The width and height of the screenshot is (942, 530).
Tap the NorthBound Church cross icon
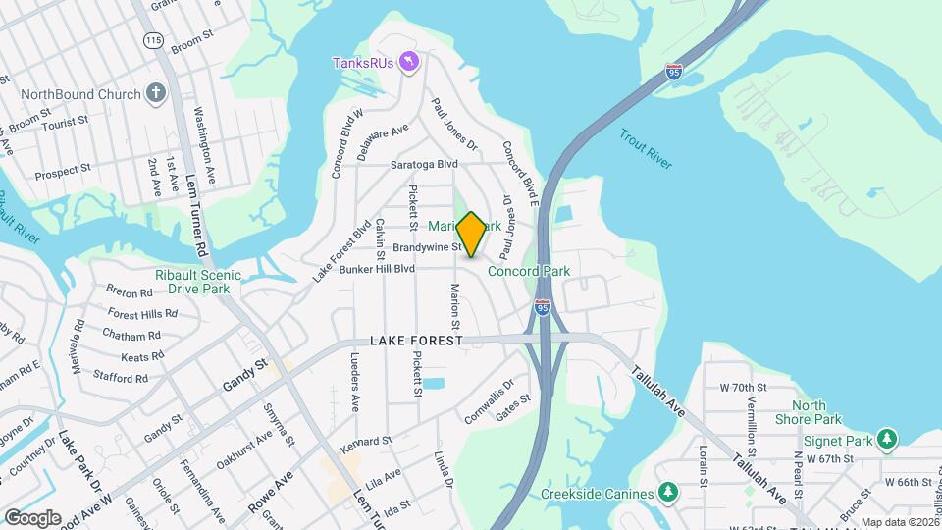point(154,94)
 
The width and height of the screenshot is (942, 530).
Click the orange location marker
point(471,235)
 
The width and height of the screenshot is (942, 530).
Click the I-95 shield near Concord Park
point(543,307)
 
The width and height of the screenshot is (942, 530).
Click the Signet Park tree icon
point(888,437)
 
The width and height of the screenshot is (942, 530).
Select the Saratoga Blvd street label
point(424,164)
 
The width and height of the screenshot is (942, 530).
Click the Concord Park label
point(529,271)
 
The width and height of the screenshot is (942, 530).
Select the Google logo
point(31,517)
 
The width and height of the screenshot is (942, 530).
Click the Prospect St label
point(62,171)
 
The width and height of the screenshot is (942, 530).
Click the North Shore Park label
point(815,412)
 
